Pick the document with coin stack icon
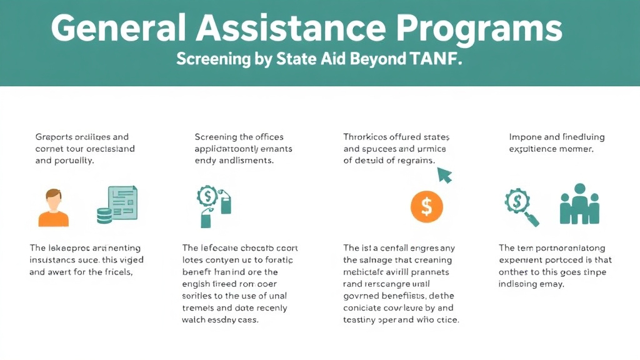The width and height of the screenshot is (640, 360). pyautogui.click(x=117, y=204)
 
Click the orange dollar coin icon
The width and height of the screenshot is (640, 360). pyautogui.click(x=426, y=206)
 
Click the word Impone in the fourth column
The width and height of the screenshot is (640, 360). pyautogui.click(x=526, y=137)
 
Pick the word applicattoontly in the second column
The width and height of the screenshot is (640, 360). pyautogui.click(x=229, y=149)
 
